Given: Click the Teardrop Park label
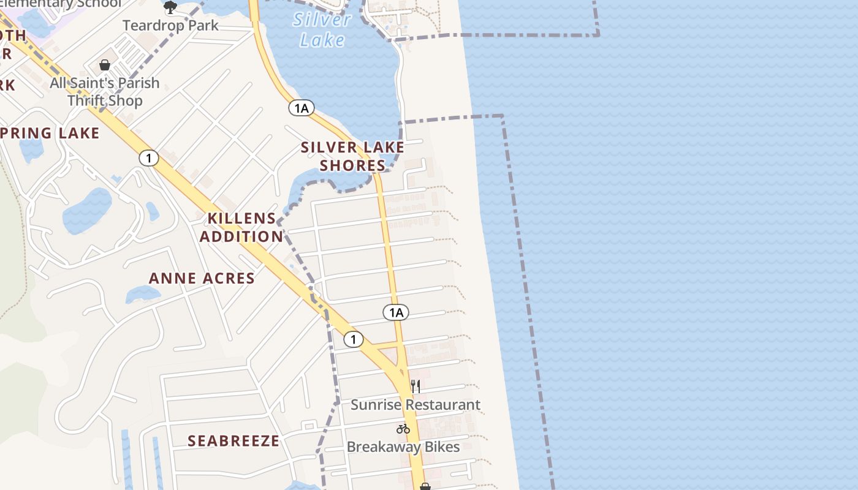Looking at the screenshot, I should click(x=170, y=26).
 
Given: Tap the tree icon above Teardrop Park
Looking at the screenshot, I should click(x=170, y=7).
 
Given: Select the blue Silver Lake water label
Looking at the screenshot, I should click(x=322, y=29).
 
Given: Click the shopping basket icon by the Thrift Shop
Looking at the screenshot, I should click(x=105, y=65).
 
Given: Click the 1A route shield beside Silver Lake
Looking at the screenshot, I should click(x=301, y=108).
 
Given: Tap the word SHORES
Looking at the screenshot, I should click(x=352, y=165).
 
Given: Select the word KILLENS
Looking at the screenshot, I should click(x=241, y=218).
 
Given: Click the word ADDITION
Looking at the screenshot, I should click(x=241, y=236).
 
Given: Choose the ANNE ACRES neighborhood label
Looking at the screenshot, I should click(x=202, y=278).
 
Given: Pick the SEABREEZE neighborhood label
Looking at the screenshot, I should click(x=233, y=441).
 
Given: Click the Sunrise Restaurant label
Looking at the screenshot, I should click(x=416, y=405).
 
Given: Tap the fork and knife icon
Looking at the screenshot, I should click(x=416, y=386).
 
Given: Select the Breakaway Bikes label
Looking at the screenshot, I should click(x=403, y=447).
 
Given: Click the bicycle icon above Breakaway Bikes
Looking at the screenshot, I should click(x=403, y=429).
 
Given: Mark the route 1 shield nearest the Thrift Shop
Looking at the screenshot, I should click(x=148, y=158).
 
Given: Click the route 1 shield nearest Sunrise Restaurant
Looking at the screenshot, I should click(x=353, y=339).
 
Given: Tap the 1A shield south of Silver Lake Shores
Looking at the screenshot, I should click(x=396, y=312).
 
